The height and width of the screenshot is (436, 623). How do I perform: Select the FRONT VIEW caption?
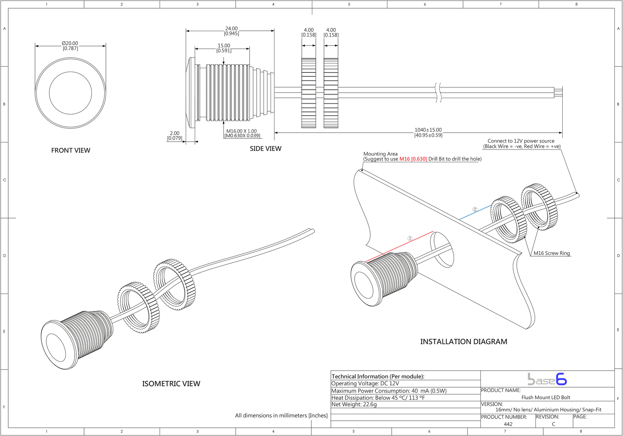coord(70,150)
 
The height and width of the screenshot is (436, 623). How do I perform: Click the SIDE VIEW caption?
coord(265,149)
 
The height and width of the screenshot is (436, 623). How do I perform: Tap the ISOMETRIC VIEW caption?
coord(171,384)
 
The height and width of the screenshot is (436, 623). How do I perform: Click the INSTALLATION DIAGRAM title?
coord(463,342)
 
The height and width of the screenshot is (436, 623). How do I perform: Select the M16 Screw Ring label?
coord(551,253)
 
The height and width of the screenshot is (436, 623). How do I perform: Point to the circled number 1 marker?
coord(410,239)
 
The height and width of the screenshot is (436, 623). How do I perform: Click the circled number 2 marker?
coord(475,209)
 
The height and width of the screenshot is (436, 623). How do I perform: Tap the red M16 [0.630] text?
coord(413,159)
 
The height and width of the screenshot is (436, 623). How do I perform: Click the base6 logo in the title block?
coord(547,379)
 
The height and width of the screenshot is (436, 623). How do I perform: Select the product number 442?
coord(508,424)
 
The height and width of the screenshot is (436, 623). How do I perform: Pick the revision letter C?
coord(553,424)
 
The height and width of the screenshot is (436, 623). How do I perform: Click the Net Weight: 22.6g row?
coord(354,404)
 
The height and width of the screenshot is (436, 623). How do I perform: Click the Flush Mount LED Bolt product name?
coord(546,397)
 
